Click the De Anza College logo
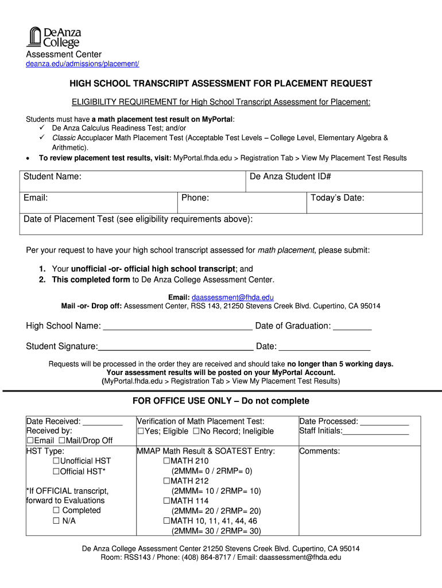pyautogui.click(x=53, y=37)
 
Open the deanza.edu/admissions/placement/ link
pyautogui.click(x=83, y=64)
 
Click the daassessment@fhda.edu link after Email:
pyautogui.click(x=232, y=297)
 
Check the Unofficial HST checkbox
pyautogui.click(x=56, y=461)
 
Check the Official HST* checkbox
pyautogui.click(x=56, y=471)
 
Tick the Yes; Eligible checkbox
pyautogui.click(x=140, y=431)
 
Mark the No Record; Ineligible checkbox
pyautogui.click(x=196, y=431)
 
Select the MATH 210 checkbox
pyautogui.click(x=166, y=461)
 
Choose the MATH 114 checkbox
pyautogui.click(x=166, y=501)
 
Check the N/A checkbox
pyautogui.click(x=56, y=521)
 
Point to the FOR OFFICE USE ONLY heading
pyautogui.click(x=220, y=401)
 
